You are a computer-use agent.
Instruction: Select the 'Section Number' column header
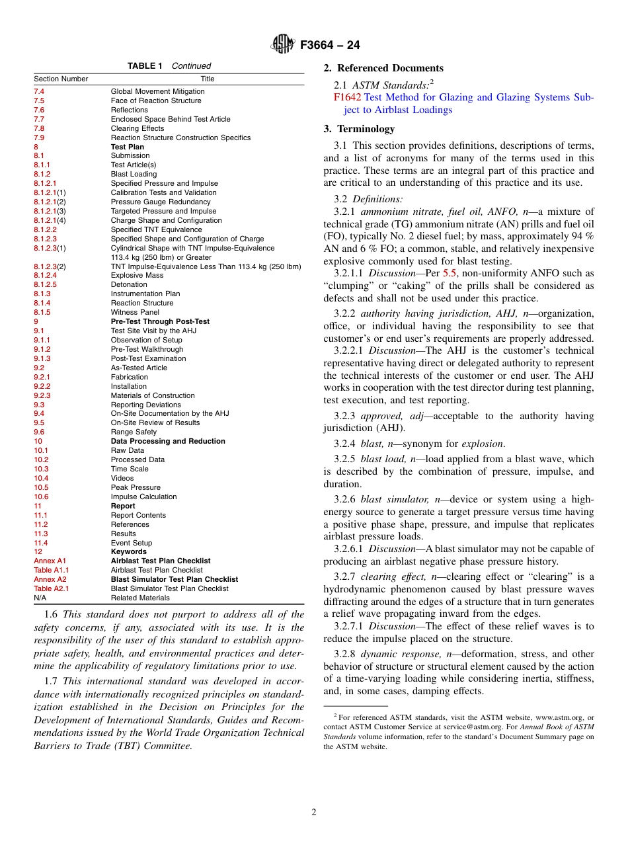tap(61, 79)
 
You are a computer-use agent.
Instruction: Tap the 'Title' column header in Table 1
tap(207, 79)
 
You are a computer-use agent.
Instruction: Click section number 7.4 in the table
tap(39, 91)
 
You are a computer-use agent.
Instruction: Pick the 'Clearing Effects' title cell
tap(137, 128)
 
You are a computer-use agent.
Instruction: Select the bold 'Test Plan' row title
tap(127, 147)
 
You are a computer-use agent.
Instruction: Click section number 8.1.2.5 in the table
tap(45, 284)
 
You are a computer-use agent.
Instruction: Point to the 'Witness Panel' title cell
tap(135, 312)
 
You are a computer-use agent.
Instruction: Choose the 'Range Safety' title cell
tap(134, 432)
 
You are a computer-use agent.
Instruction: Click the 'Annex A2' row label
tap(50, 579)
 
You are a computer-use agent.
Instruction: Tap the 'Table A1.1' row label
tap(51, 570)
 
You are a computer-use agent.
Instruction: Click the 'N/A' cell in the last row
tap(40, 598)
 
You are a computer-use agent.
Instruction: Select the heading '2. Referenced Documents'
tap(383, 68)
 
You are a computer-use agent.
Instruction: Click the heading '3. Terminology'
tap(359, 129)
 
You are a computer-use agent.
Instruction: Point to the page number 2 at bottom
tap(314, 813)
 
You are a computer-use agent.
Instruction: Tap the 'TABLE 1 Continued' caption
tap(169, 66)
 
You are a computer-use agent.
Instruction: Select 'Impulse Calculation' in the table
tap(143, 497)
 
